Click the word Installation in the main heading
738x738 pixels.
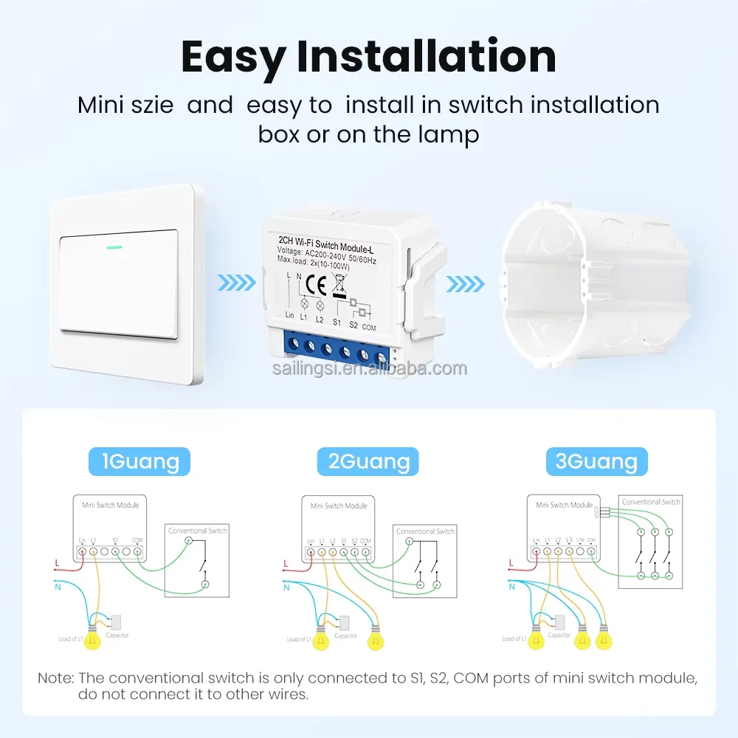pos(427,57)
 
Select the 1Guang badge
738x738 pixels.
pos(139,462)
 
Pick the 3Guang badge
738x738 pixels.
pos(596,462)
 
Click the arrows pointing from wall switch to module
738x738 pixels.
pos(237,283)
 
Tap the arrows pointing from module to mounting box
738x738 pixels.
pos(466,283)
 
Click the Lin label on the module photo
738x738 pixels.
pos(289,316)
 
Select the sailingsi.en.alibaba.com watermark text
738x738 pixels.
pos(368,368)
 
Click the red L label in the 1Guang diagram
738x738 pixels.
pos(58,564)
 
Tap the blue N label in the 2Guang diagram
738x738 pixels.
pos(286,587)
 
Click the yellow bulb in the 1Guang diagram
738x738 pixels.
pos(92,641)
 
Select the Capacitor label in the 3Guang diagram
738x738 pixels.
pos(559,635)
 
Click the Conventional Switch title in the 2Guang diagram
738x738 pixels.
pos(425,531)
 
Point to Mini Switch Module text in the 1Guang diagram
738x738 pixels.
pos(110,506)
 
